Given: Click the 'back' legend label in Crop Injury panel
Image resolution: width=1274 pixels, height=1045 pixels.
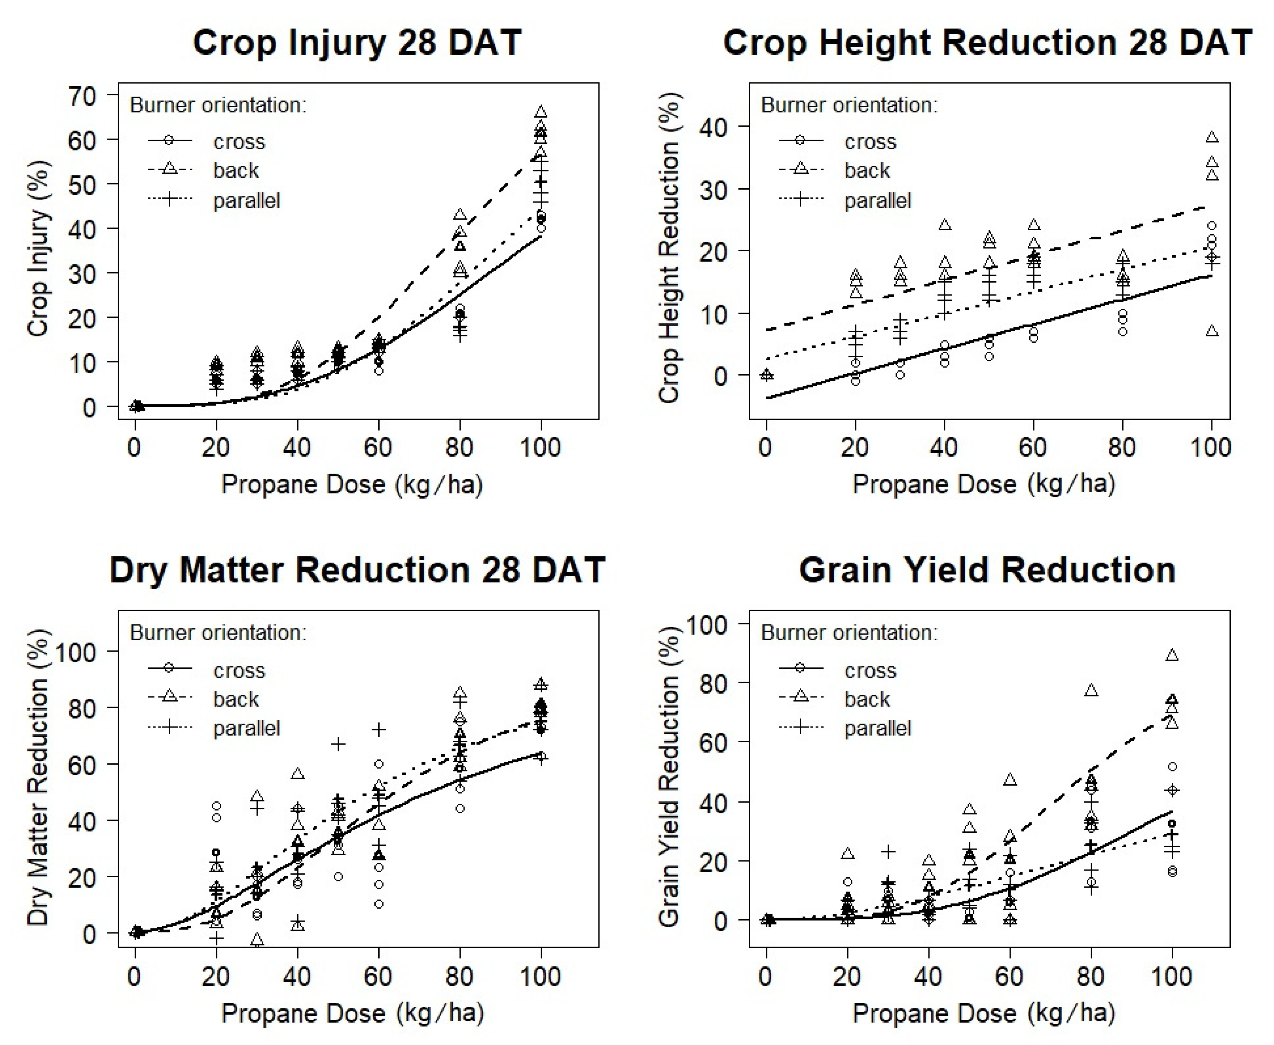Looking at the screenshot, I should [x=235, y=170].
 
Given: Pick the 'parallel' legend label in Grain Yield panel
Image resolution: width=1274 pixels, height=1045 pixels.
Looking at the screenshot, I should [x=877, y=728].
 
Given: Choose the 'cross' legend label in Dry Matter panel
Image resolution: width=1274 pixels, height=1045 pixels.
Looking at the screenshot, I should [x=239, y=671].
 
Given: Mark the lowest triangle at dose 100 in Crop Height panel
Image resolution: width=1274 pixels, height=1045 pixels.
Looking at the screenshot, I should [x=1212, y=331].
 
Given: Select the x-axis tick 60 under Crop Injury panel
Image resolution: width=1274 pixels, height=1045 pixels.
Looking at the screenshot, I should [x=378, y=447].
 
